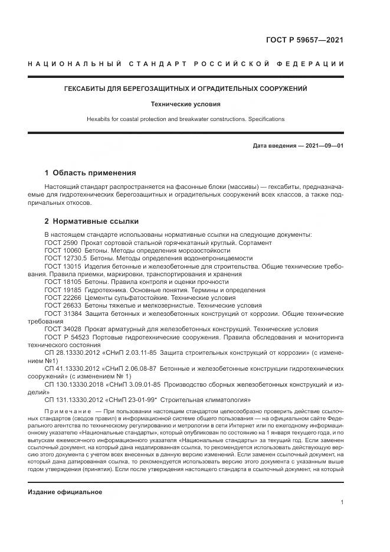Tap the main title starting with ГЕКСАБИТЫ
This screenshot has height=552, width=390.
[194, 89]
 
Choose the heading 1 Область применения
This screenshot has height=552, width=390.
[90, 173]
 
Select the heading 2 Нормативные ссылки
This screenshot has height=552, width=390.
[91, 221]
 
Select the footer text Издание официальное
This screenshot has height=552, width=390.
[65, 492]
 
